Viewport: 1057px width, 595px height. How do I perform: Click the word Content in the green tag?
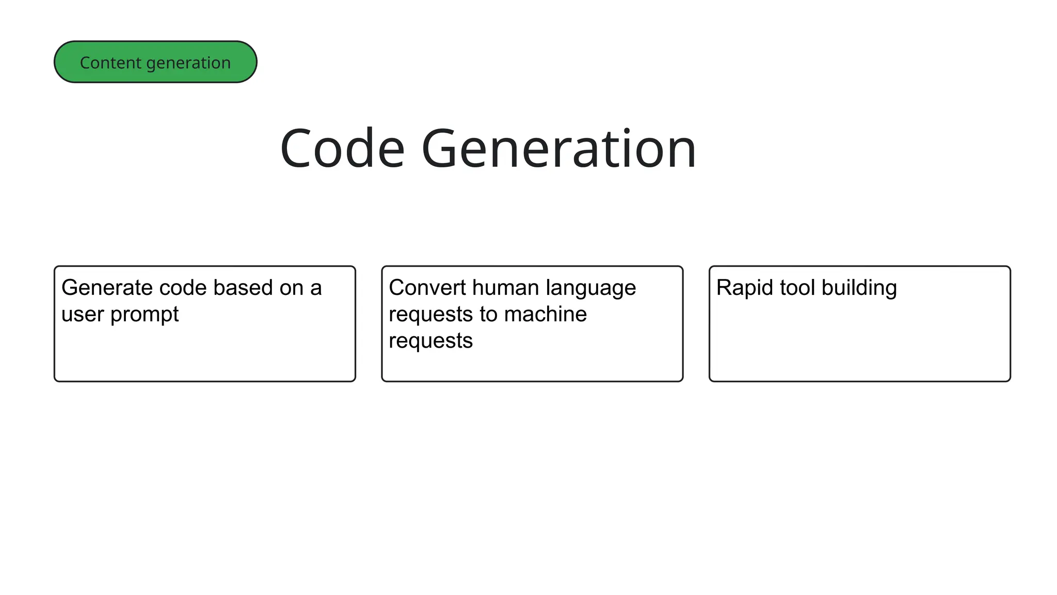(110, 62)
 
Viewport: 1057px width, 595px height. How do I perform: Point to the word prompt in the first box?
(145, 315)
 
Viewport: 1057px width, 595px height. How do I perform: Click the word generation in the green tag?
(188, 62)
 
